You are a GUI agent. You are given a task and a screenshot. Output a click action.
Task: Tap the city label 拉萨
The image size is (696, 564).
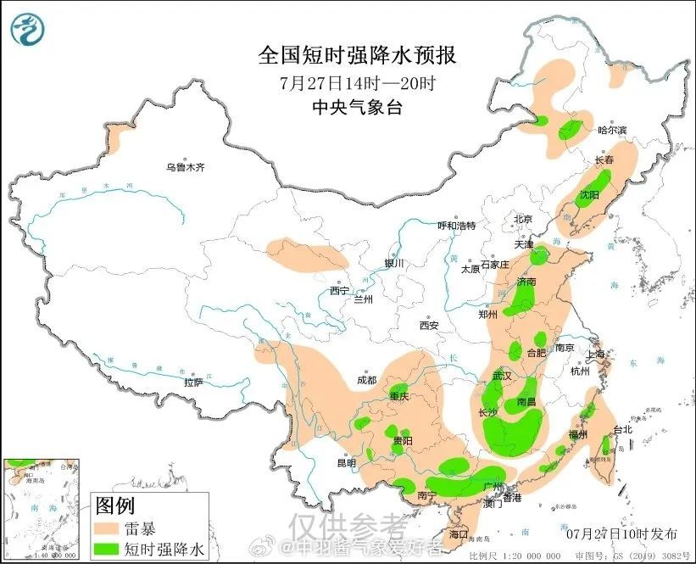coord(193,383)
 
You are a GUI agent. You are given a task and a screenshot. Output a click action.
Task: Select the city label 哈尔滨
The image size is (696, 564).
coord(612,130)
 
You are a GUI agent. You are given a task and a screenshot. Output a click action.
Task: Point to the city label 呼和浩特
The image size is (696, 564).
coord(456,226)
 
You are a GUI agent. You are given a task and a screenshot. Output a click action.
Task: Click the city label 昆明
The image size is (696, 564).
coord(347,463)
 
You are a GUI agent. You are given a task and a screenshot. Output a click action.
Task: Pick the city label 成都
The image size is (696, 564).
coord(366,380)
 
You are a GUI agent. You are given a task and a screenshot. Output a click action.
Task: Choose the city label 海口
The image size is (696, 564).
coord(459,535)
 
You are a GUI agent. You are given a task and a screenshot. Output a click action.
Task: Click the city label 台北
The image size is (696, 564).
coord(622,430)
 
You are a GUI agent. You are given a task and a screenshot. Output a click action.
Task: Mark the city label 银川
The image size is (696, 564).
coord(394,263)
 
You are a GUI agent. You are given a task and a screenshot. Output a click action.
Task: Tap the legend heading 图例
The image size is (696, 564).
coord(114,506)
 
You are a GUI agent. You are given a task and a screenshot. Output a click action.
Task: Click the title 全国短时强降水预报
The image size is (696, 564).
coord(357,56)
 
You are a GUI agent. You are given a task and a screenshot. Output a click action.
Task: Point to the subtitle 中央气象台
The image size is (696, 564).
coord(357,107)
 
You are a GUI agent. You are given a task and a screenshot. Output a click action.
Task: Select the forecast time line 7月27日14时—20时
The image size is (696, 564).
coord(357,83)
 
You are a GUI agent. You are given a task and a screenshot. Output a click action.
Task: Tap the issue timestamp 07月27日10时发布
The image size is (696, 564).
coord(621,533)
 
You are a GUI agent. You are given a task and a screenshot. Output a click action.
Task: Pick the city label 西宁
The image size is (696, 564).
coord(339,290)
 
